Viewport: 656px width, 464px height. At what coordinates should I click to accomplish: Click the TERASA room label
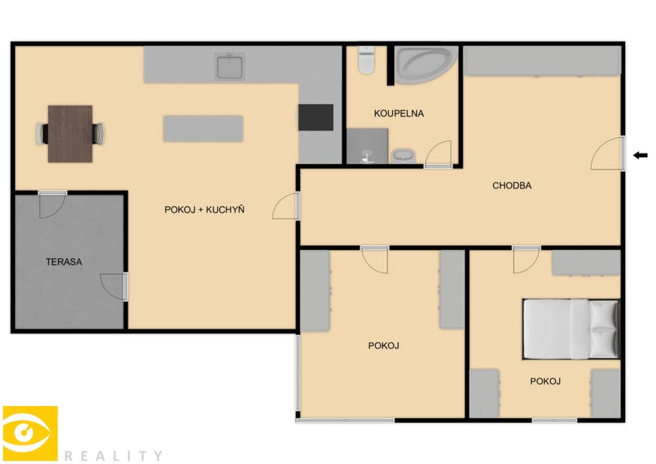[64, 262]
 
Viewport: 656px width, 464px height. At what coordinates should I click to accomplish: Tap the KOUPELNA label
[398, 113]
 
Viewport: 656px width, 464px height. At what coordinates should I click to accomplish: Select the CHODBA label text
[511, 185]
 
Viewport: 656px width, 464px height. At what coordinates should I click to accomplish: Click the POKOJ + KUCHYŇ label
[204, 210]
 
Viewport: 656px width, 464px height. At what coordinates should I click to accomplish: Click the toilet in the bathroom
[366, 60]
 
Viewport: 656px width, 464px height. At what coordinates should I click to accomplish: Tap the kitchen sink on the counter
[230, 65]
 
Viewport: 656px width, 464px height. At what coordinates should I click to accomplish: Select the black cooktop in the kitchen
[316, 117]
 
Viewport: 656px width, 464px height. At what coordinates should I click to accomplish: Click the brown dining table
[70, 134]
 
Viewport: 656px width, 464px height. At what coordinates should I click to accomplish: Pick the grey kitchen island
[203, 129]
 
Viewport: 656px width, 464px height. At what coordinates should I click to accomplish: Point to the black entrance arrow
[640, 155]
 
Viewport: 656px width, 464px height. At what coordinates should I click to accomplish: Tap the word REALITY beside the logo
[113, 456]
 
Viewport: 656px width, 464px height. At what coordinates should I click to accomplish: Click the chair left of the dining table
[42, 134]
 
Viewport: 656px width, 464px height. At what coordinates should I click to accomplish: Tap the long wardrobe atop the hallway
[542, 61]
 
